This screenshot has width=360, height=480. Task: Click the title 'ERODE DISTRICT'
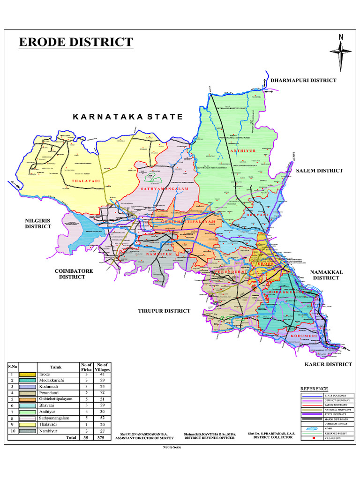pyautogui.click(x=76, y=42)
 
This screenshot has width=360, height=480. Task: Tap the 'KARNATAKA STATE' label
pyautogui.click(x=127, y=117)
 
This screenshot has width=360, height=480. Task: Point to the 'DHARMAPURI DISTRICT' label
pyautogui.click(x=304, y=81)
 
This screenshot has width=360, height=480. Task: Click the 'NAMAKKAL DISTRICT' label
pyautogui.click(x=326, y=275)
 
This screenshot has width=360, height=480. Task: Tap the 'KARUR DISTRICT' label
pyautogui.click(x=328, y=364)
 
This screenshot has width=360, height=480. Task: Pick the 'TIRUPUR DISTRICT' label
pyautogui.click(x=164, y=311)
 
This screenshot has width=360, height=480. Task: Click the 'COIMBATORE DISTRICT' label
pyautogui.click(x=74, y=274)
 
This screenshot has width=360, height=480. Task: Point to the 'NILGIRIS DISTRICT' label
pyautogui.click(x=38, y=223)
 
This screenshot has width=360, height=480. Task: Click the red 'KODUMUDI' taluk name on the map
pyautogui.click(x=304, y=336)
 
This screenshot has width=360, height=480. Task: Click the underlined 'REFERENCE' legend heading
pyautogui.click(x=314, y=389)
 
